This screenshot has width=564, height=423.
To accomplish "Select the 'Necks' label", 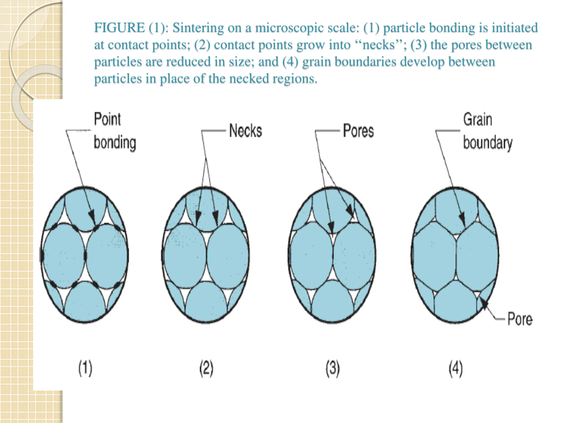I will tap(245, 131).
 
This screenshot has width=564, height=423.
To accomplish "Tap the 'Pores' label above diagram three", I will tap(358, 131).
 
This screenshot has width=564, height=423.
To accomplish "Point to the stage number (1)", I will tap(85, 368).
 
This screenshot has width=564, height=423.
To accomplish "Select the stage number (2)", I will tap(206, 368).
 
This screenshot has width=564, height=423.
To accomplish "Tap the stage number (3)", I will tap(332, 368).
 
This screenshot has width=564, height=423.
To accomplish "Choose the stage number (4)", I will tap(455, 368).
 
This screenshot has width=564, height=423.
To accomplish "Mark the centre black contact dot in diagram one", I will tap(85, 256).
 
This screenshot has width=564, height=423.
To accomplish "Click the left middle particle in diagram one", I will tap(64, 256).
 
